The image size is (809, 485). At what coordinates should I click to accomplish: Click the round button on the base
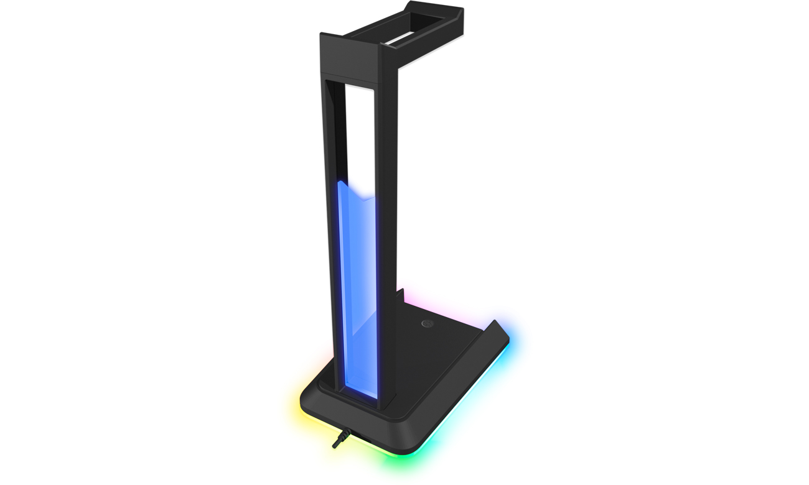[x=427, y=323]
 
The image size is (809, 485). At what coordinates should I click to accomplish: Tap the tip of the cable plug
[x=335, y=446]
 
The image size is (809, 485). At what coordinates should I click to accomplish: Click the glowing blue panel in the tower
[x=357, y=286]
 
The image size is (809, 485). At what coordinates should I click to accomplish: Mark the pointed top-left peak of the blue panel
[x=340, y=183]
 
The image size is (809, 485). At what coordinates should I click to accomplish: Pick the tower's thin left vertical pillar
[x=327, y=218]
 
